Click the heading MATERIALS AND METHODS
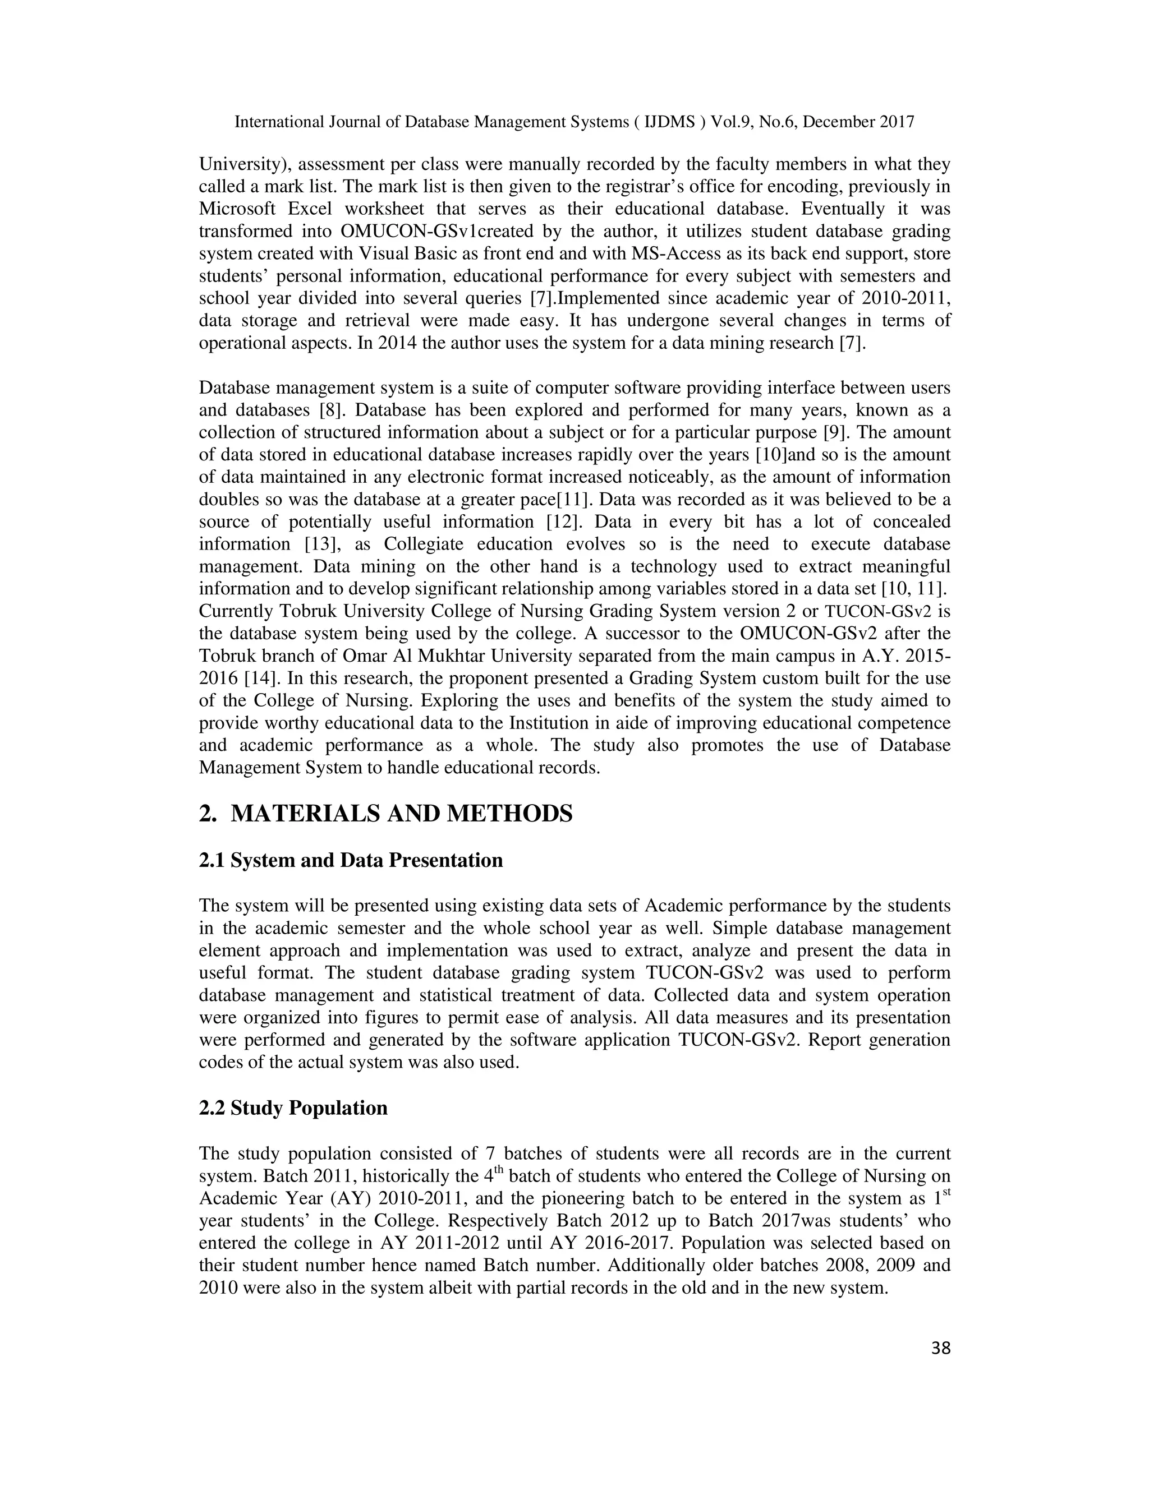coord(402,814)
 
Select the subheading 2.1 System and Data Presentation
coord(351,861)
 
